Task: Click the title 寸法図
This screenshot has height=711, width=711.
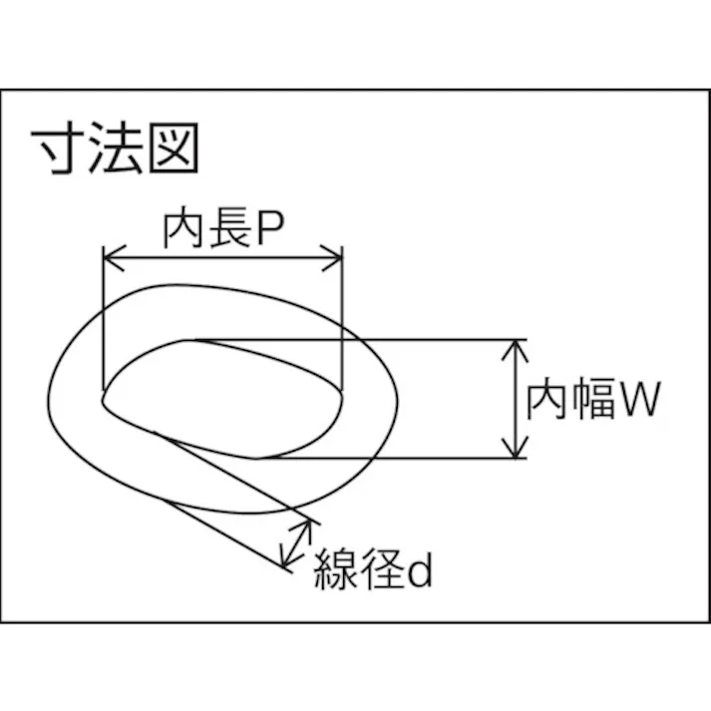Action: click(x=118, y=151)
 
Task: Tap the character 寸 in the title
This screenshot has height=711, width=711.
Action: click(x=58, y=151)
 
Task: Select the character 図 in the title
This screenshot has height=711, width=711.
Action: click(x=177, y=151)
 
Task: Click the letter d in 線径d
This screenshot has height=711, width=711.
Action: click(x=420, y=570)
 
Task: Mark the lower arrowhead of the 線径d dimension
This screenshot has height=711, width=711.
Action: click(x=287, y=563)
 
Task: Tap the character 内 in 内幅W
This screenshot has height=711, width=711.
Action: click(x=547, y=401)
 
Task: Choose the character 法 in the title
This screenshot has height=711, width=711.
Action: click(x=118, y=151)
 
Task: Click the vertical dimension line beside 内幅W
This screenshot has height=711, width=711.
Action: click(x=515, y=399)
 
